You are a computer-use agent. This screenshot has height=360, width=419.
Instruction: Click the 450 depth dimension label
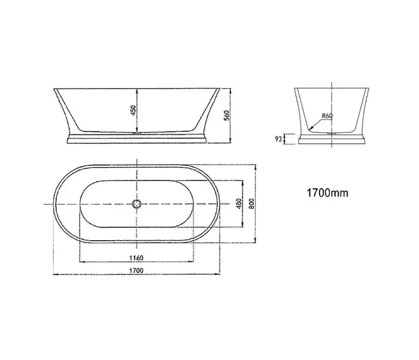(133, 111)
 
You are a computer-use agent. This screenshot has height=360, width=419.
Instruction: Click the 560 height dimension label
(226, 116)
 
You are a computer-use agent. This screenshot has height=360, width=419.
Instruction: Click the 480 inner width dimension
(238, 204)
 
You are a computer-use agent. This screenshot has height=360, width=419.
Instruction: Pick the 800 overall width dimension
(251, 204)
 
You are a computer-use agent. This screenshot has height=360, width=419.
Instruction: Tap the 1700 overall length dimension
(137, 270)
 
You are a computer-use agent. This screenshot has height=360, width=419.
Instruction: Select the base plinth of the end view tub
(331, 140)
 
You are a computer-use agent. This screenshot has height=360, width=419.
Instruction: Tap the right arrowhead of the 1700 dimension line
(218, 274)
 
